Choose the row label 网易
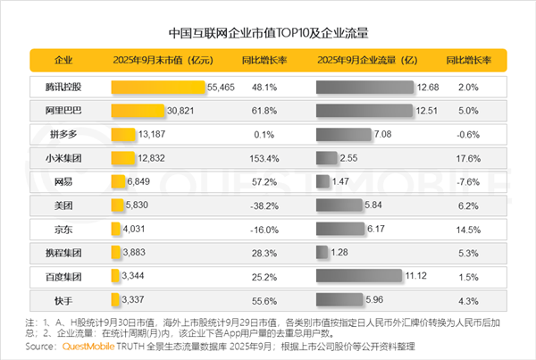pos(63,180)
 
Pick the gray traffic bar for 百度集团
pos(360,276)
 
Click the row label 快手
pos(63,298)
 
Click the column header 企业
pos(63,61)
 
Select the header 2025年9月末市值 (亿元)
pos(163,61)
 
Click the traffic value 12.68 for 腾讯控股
pos(428,88)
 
